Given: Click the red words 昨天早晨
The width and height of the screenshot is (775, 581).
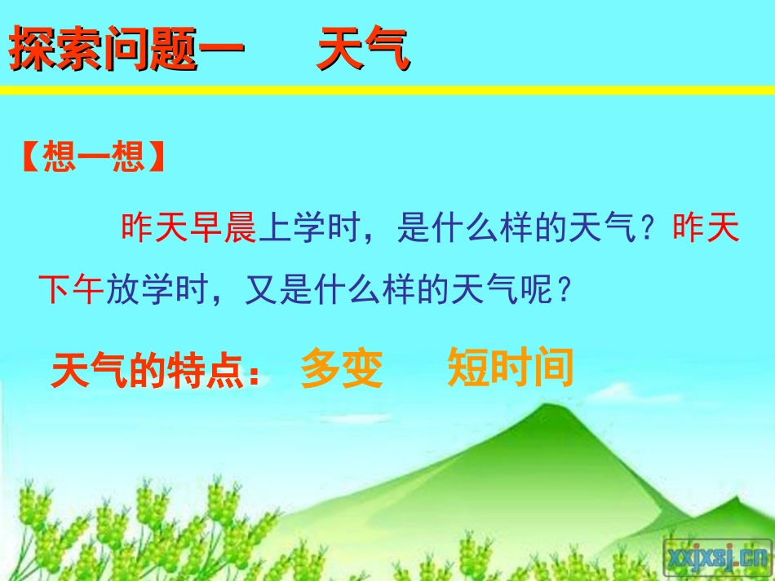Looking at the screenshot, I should (x=189, y=230).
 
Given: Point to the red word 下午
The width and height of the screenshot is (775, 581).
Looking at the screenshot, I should (x=72, y=289).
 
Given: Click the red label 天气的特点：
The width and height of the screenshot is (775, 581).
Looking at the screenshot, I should (x=155, y=372).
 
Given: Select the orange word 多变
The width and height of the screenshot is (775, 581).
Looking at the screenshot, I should (x=341, y=369).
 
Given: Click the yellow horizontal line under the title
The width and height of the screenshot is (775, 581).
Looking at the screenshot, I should (x=387, y=90).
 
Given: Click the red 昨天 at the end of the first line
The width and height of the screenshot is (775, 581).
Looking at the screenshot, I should (x=706, y=230).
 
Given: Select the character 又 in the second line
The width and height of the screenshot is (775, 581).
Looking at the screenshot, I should (x=259, y=289).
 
